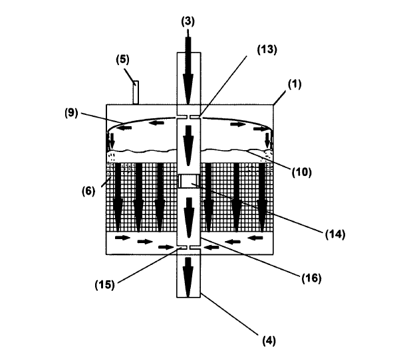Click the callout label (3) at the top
pyautogui.click(x=188, y=21)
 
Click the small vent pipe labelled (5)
pyautogui.click(x=135, y=92)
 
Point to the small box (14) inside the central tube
pyautogui.click(x=190, y=181)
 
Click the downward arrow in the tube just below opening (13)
pyautogui.click(x=189, y=139)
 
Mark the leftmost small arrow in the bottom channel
pyautogui.click(x=121, y=237)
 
